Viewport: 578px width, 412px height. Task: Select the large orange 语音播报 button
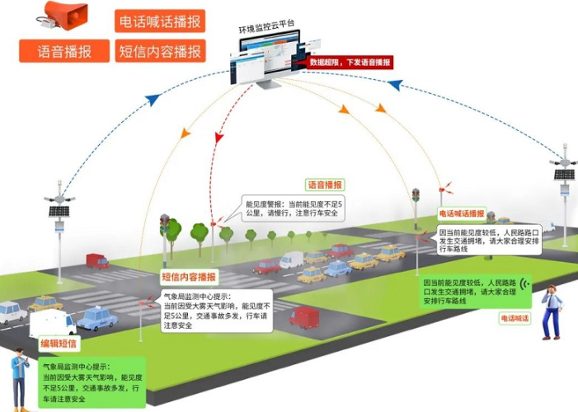click(66, 51)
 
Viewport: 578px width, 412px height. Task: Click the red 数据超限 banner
click(350, 62)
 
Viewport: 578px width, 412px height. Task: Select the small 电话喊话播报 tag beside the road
click(461, 213)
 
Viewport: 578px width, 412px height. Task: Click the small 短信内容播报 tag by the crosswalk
click(187, 277)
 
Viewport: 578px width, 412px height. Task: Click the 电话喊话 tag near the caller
click(516, 317)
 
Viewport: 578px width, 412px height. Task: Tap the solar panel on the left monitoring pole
click(59, 211)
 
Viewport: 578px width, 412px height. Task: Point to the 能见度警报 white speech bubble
click(293, 209)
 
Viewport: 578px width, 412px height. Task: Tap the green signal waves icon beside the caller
click(527, 288)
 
